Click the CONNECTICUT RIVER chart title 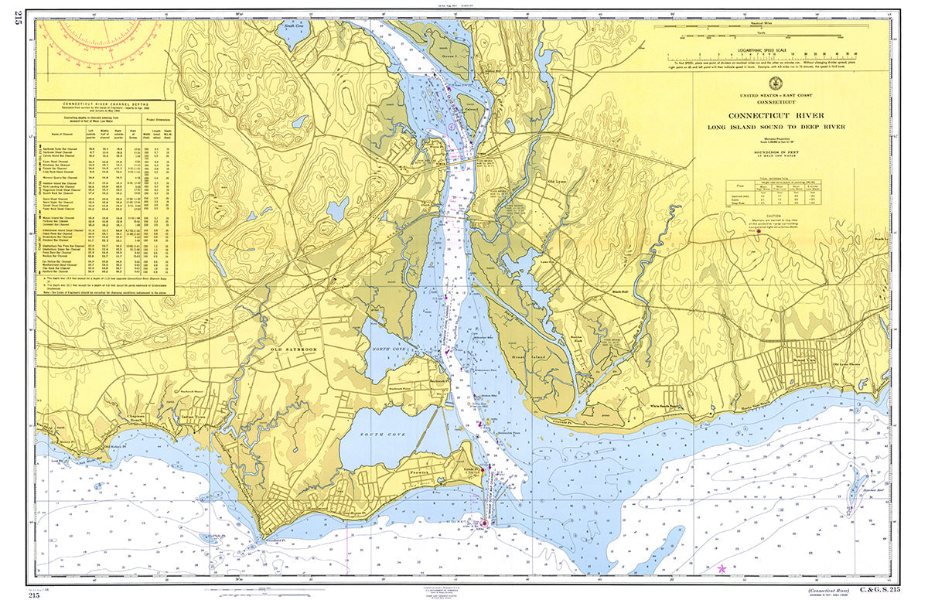coord(774,117)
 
